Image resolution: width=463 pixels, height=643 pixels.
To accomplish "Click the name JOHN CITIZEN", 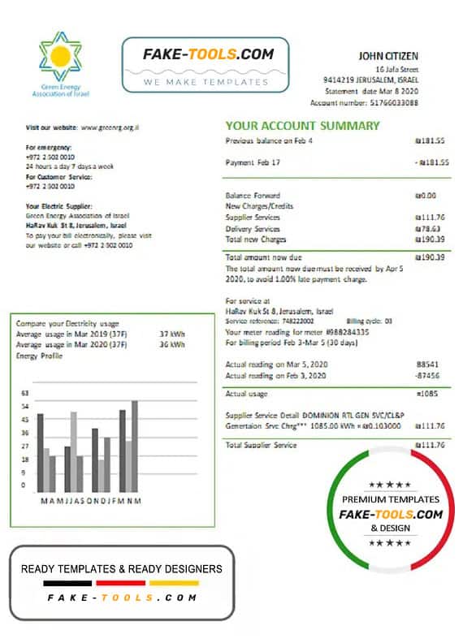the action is tap(388, 56).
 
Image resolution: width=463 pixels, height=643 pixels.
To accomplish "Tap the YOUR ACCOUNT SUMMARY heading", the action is tap(302, 126).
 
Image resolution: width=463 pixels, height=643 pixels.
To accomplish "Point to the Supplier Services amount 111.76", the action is tap(431, 218).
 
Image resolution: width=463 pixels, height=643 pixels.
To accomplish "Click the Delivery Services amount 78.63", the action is tap(433, 229).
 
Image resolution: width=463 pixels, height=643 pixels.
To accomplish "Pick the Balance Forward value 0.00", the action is tap(433, 196).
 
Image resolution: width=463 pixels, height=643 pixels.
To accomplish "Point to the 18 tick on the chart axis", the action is tap(25, 460).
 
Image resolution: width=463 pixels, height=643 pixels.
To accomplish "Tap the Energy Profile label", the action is tap(38, 356).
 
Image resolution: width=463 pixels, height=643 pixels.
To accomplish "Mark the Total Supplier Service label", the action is tap(261, 445).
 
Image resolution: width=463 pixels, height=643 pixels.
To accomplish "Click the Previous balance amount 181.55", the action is tap(431, 140).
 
